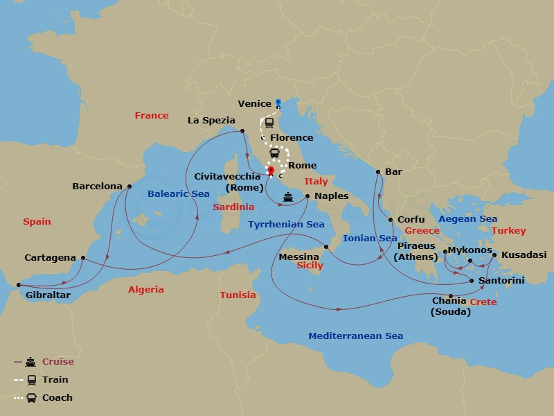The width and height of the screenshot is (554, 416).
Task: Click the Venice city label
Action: coord(254,103)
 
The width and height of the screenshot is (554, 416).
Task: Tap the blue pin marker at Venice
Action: coord(277,103)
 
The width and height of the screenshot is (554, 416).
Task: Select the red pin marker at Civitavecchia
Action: coord(271,171)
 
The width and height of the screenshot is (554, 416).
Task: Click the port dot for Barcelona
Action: coord(129,186)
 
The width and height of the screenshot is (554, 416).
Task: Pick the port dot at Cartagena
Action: coord(82,258)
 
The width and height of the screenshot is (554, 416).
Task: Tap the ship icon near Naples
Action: coord(287,198)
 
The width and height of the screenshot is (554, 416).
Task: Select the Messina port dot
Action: coord(325,247)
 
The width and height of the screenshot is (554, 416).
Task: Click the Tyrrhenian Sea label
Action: coord(287,224)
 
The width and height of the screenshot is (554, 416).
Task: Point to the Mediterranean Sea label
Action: coord(355,336)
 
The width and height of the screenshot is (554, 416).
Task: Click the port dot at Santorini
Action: coord(472,281)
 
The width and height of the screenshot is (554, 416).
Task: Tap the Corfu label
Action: coord(411,219)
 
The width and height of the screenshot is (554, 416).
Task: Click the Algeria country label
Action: coord(146,289)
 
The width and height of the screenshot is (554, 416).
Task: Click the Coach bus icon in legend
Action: coord(30,397)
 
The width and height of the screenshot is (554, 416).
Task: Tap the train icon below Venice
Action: coord(269,123)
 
